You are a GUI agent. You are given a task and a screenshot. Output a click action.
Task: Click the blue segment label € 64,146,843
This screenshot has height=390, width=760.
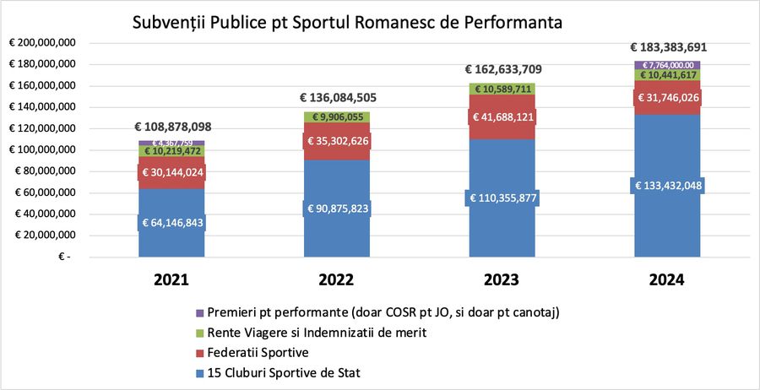(172, 223)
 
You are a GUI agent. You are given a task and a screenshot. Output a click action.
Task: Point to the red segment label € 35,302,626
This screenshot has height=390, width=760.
(337, 140)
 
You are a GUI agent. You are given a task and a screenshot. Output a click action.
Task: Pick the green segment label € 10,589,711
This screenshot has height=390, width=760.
(502, 89)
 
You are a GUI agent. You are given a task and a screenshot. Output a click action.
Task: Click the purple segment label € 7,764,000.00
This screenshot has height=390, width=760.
(669, 65)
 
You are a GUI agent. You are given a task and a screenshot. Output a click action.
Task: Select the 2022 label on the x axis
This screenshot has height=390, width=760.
(337, 279)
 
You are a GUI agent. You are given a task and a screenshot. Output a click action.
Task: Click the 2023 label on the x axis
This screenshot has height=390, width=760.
(502, 279)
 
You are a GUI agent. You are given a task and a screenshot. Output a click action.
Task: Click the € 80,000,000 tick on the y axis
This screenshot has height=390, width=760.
(45, 171)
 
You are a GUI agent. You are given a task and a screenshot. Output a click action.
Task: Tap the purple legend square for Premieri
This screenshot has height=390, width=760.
(199, 312)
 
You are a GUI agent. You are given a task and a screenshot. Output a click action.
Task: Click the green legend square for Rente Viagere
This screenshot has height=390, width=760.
(199, 333)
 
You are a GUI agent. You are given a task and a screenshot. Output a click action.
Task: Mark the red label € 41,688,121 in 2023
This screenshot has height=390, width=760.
(502, 116)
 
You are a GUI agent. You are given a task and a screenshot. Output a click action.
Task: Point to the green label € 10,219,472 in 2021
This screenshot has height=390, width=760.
(172, 152)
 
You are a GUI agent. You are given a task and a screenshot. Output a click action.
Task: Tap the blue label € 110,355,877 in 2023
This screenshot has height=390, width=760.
(502, 198)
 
